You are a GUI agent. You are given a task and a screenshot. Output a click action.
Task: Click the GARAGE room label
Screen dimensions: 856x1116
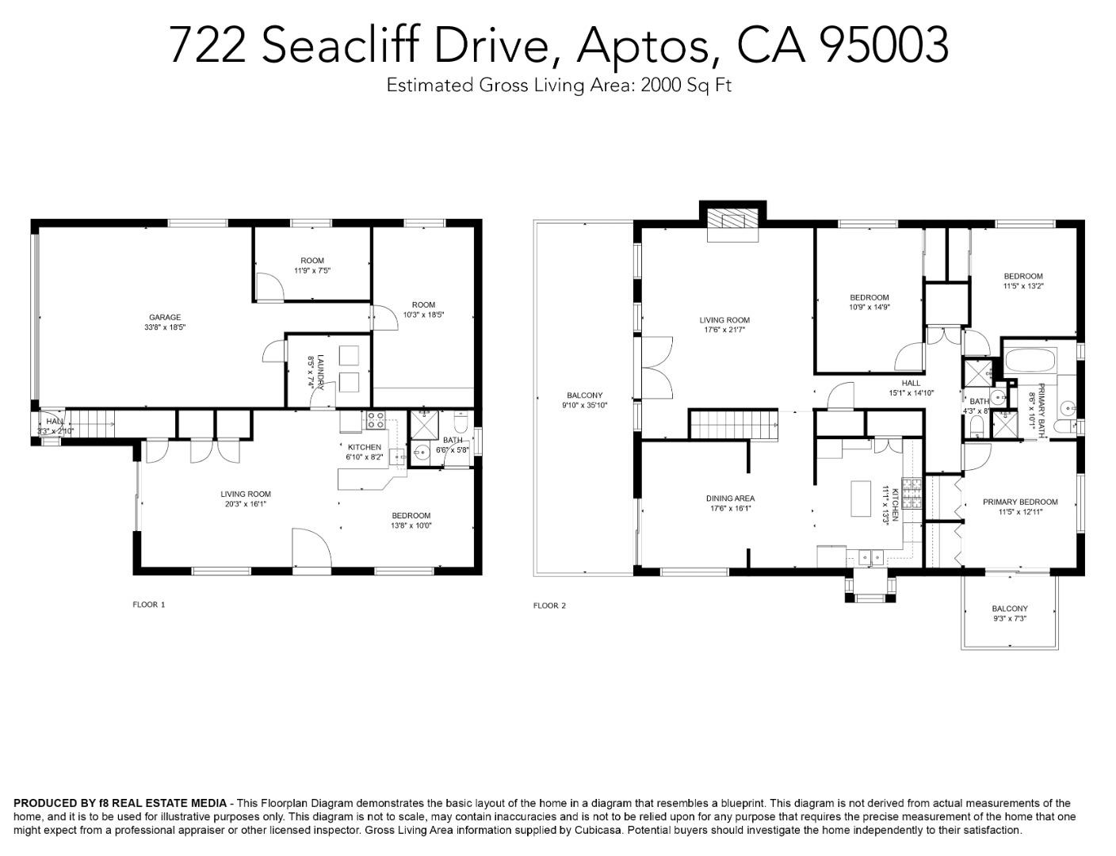click(165, 317)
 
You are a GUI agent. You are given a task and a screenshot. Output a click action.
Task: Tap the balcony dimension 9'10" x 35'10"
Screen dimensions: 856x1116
click(584, 405)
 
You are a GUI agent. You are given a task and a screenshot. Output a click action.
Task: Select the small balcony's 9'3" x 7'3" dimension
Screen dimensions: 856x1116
click(1009, 619)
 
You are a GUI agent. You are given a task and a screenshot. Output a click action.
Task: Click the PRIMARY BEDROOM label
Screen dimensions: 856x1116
click(1019, 502)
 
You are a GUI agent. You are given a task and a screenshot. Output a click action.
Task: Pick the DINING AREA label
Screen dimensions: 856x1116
click(730, 499)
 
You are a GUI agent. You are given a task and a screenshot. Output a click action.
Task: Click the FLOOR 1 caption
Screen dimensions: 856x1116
click(148, 605)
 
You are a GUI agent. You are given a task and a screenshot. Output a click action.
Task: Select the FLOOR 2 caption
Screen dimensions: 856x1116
click(549, 606)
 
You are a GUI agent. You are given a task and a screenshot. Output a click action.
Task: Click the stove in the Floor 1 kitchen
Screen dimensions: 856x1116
click(375, 421)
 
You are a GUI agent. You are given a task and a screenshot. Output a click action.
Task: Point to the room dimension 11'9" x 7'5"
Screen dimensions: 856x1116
click(311, 270)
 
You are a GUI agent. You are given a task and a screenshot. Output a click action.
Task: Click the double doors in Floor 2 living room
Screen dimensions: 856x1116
click(656, 367)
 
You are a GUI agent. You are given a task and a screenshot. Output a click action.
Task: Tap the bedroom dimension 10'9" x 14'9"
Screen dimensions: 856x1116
click(869, 308)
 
